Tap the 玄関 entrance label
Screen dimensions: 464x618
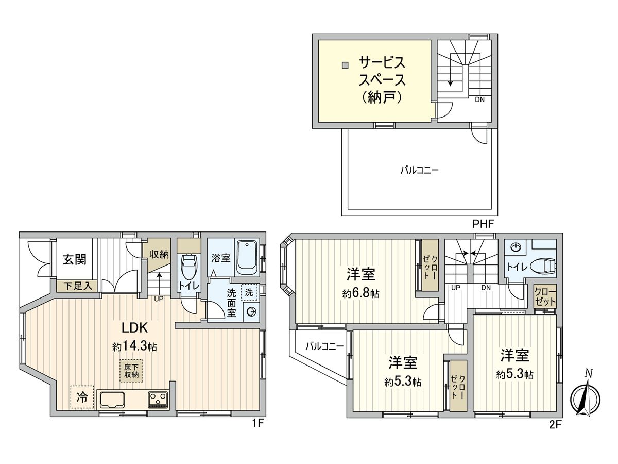pyautogui.click(x=75, y=259)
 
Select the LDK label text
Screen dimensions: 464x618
pyautogui.click(x=135, y=328)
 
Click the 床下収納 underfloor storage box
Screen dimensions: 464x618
pyautogui.click(x=131, y=371)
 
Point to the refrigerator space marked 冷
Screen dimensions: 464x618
pyautogui.click(x=82, y=397)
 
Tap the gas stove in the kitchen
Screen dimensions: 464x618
pyautogui.click(x=159, y=400)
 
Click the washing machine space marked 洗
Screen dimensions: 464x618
pyautogui.click(x=249, y=292)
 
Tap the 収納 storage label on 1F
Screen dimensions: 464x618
pyautogui.click(x=159, y=254)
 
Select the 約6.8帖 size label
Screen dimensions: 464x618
pyautogui.click(x=361, y=293)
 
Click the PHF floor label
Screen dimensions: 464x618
pyautogui.click(x=483, y=224)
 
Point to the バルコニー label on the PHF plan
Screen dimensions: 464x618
pyautogui.click(x=420, y=170)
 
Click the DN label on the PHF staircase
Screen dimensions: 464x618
pyautogui.click(x=479, y=100)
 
